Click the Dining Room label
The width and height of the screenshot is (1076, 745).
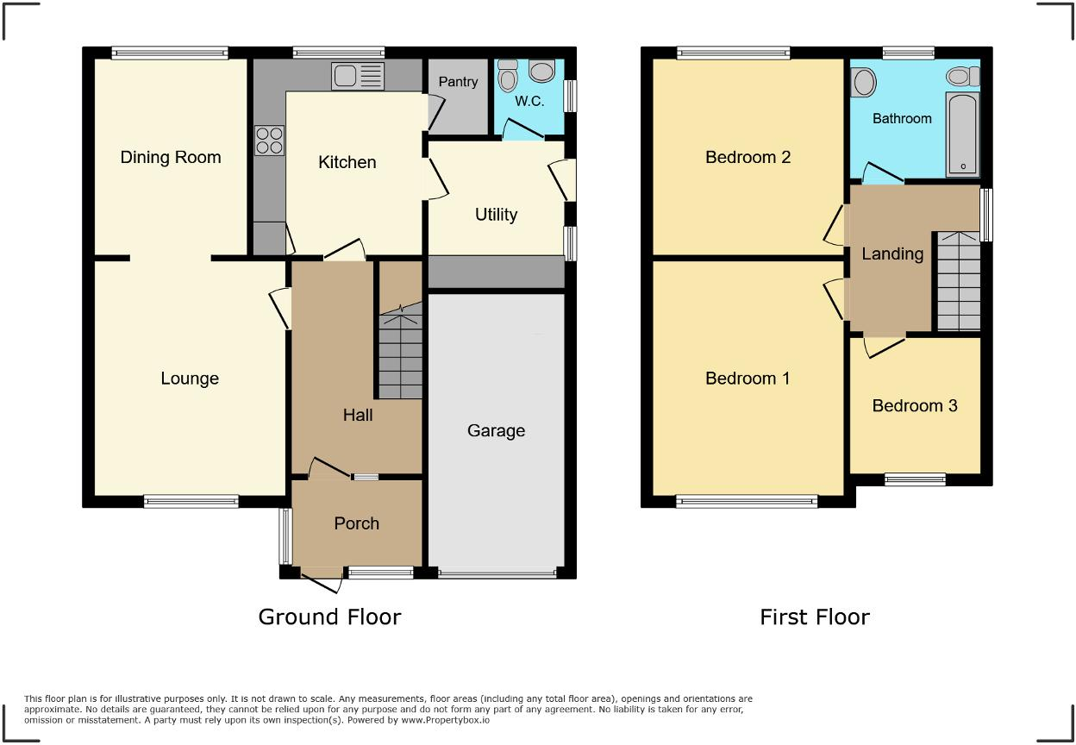[x=171, y=157]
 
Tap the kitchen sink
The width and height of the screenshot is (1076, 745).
[x=358, y=77]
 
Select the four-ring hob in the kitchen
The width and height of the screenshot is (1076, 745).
[x=269, y=140]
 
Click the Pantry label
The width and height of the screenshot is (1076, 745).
[x=458, y=82]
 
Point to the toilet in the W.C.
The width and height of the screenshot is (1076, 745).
[x=508, y=78]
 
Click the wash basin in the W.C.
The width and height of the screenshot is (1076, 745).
[x=542, y=71]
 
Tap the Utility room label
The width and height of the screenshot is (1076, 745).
[x=497, y=215]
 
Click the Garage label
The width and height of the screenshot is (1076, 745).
[x=496, y=430]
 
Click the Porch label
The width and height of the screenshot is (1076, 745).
[x=356, y=523]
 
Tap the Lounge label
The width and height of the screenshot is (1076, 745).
[x=190, y=379]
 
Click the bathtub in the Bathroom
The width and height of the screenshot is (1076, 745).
[x=962, y=136]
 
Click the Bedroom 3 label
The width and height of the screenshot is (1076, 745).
[x=915, y=405]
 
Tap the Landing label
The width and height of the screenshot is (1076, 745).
[x=892, y=254]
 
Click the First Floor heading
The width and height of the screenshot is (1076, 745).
[x=814, y=617]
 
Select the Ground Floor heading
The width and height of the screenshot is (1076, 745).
[x=329, y=617]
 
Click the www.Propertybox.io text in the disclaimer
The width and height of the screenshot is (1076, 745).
[x=446, y=719]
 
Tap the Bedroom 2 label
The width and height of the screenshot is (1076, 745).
[x=748, y=157]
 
